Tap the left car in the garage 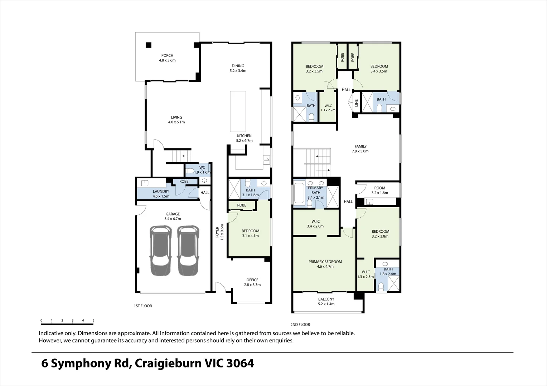160,251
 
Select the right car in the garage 188,251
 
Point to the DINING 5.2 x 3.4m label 238,68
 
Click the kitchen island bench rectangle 238,112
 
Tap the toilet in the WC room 190,170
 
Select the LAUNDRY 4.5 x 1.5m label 161,194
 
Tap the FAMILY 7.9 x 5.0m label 360,149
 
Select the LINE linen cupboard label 356,103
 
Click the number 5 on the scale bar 93,321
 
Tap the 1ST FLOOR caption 143,306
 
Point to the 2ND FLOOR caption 300,325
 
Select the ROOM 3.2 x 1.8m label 379,190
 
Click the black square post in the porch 148,45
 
